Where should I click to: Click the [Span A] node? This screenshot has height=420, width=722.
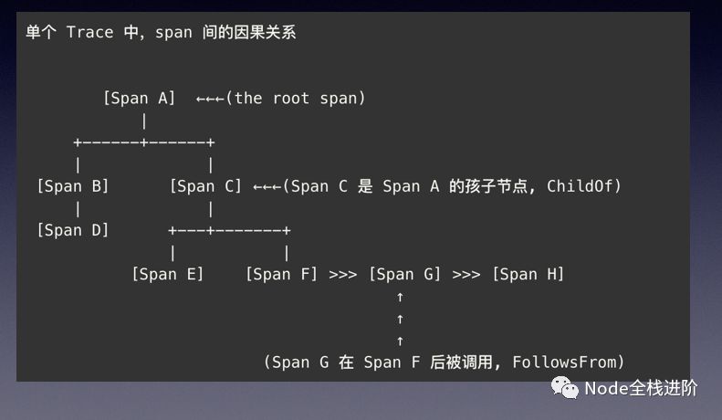coord(139,98)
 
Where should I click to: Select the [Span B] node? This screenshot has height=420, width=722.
coord(73,186)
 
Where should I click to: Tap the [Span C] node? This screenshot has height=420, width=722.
coord(205,186)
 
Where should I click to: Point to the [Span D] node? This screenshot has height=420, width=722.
coord(73,230)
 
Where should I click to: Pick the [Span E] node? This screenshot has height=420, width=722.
coord(167,274)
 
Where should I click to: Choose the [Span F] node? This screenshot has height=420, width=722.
coord(281,274)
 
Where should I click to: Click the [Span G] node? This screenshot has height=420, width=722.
coord(404,274)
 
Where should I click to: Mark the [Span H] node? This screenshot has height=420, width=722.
coord(528,274)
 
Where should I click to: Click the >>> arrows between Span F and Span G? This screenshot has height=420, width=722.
coord(342,274)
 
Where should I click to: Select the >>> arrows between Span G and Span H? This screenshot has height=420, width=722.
coord(466,274)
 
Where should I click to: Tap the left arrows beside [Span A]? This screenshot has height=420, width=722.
coord(211,99)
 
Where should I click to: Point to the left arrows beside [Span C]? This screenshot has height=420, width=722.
coord(267,186)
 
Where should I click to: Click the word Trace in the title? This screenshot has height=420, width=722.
coord(90,32)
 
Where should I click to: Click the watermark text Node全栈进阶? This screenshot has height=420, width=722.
coord(641,389)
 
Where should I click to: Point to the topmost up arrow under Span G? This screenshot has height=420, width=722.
coord(400,297)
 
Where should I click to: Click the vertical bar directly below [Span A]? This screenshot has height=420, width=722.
coord(144,120)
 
